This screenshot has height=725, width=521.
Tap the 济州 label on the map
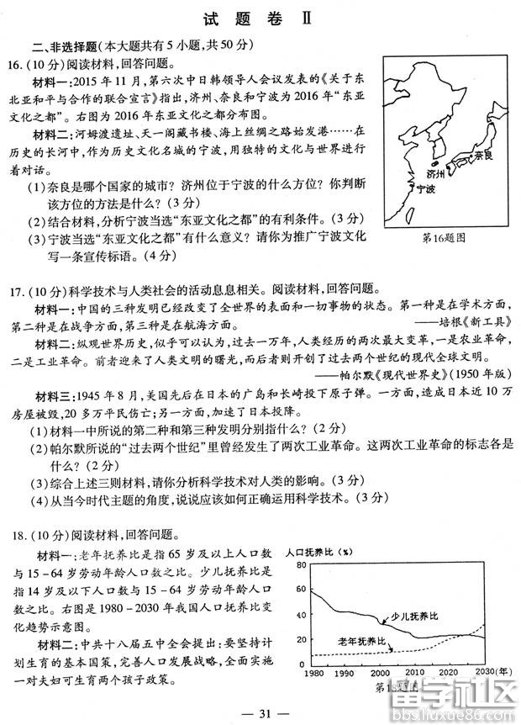point(434,174)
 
